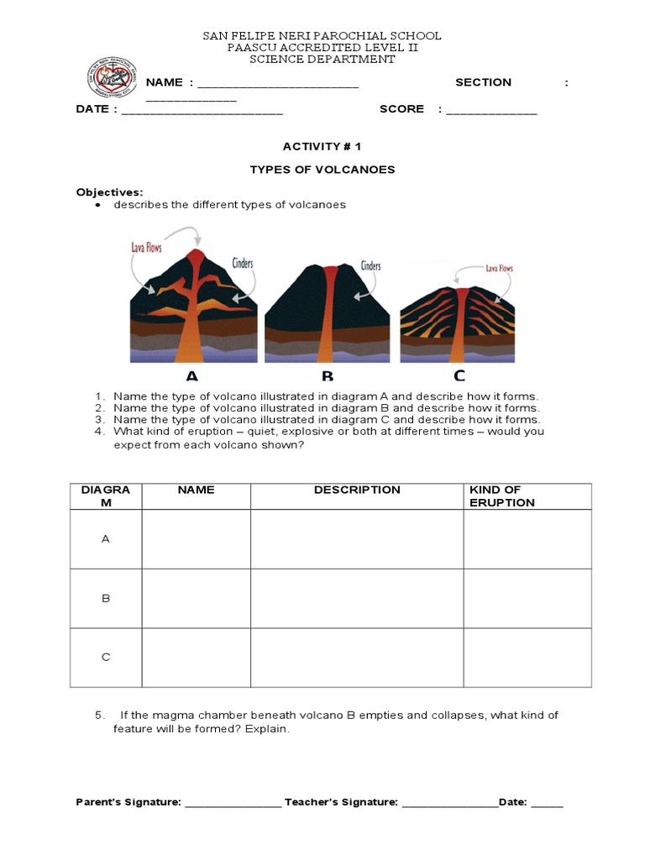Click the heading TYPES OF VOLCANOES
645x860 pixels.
coord(322,170)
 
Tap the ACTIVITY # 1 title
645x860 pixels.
coord(322,146)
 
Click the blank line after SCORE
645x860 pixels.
coord(491,111)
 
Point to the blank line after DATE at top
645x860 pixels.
coord(202,111)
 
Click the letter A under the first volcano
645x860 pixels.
coord(192,375)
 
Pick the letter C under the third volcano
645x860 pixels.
coord(459,375)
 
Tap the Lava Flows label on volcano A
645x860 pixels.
coord(146,248)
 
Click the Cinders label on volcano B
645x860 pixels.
coord(370,266)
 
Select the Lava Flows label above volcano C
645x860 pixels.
coord(499,269)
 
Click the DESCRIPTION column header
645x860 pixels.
coord(357,490)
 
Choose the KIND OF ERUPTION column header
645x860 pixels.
coord(502,496)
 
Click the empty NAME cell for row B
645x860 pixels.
coord(196,599)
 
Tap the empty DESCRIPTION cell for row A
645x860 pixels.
coord(357,539)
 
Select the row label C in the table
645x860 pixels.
coord(106,658)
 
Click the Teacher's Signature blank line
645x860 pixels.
coord(450,804)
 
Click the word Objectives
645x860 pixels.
coord(109,192)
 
